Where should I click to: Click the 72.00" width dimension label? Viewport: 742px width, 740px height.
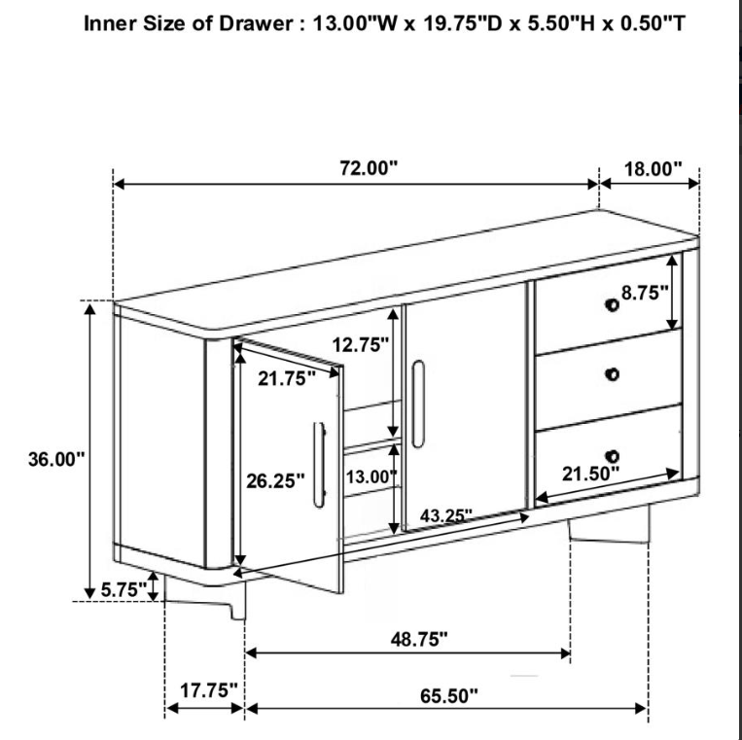pyautogui.click(x=369, y=167)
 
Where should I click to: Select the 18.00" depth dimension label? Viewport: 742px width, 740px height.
pyautogui.click(x=654, y=168)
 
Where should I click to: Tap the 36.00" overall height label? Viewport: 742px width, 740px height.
pyautogui.click(x=56, y=459)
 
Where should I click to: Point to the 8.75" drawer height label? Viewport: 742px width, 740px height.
pyautogui.click(x=645, y=293)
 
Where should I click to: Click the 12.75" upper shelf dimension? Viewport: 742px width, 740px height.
pyautogui.click(x=360, y=345)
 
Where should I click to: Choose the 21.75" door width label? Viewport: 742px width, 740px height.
pyautogui.click(x=286, y=378)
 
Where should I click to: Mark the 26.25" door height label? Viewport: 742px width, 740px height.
pyautogui.click(x=275, y=481)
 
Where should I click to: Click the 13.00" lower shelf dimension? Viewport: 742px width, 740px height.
pyautogui.click(x=371, y=476)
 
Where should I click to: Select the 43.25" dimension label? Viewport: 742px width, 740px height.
pyautogui.click(x=445, y=515)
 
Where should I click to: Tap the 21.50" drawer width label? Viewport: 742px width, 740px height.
pyautogui.click(x=590, y=474)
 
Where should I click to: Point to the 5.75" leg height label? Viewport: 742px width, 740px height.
pyautogui.click(x=124, y=589)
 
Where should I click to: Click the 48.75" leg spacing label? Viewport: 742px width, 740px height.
pyautogui.click(x=419, y=639)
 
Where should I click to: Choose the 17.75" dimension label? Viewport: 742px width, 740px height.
pyautogui.click(x=208, y=690)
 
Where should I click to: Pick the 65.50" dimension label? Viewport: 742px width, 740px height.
pyautogui.click(x=449, y=695)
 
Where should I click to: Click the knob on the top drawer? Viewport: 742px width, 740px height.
pyautogui.click(x=612, y=304)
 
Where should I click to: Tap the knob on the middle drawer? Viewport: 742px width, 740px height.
pyautogui.click(x=612, y=374)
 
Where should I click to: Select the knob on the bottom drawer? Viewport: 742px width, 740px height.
pyautogui.click(x=612, y=456)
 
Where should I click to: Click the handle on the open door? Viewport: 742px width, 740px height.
pyautogui.click(x=319, y=465)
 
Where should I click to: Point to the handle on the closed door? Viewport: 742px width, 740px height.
pyautogui.click(x=418, y=404)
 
